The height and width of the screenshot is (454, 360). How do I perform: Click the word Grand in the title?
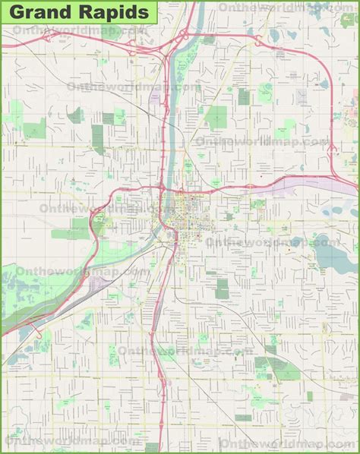click(38, 14)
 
